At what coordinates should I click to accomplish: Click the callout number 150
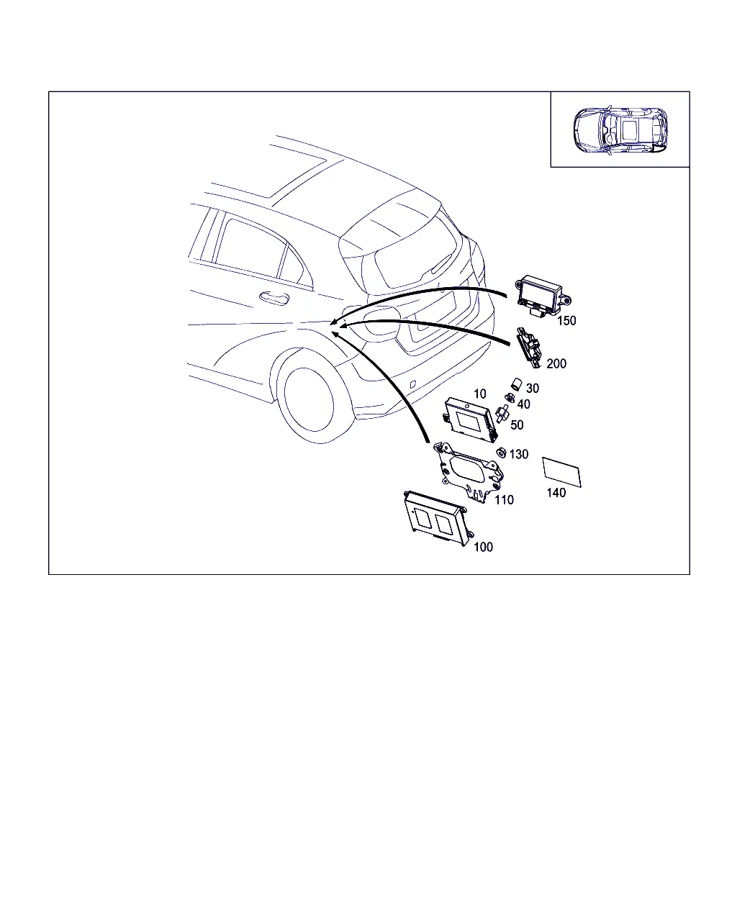coord(566,321)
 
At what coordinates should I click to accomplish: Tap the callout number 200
coord(556,363)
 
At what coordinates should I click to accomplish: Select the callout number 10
coord(479,394)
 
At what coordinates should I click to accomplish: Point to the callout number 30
coord(533,388)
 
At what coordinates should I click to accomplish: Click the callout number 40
coord(523,404)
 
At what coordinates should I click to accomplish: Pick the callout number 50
coord(517,425)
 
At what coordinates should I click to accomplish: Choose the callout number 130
coord(519,454)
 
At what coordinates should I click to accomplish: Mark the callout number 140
coord(556,493)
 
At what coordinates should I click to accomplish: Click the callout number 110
coord(504,499)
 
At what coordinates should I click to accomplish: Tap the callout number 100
coord(483,547)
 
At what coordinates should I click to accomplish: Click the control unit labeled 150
coord(543,296)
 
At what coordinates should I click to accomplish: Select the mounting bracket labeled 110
coord(469,471)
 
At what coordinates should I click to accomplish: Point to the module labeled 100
coord(439,518)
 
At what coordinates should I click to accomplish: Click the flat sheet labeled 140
coord(562,472)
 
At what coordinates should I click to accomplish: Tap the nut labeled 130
coord(501,453)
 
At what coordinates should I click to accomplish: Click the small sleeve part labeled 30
coord(517,384)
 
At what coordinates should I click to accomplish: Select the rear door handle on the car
coord(274,297)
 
